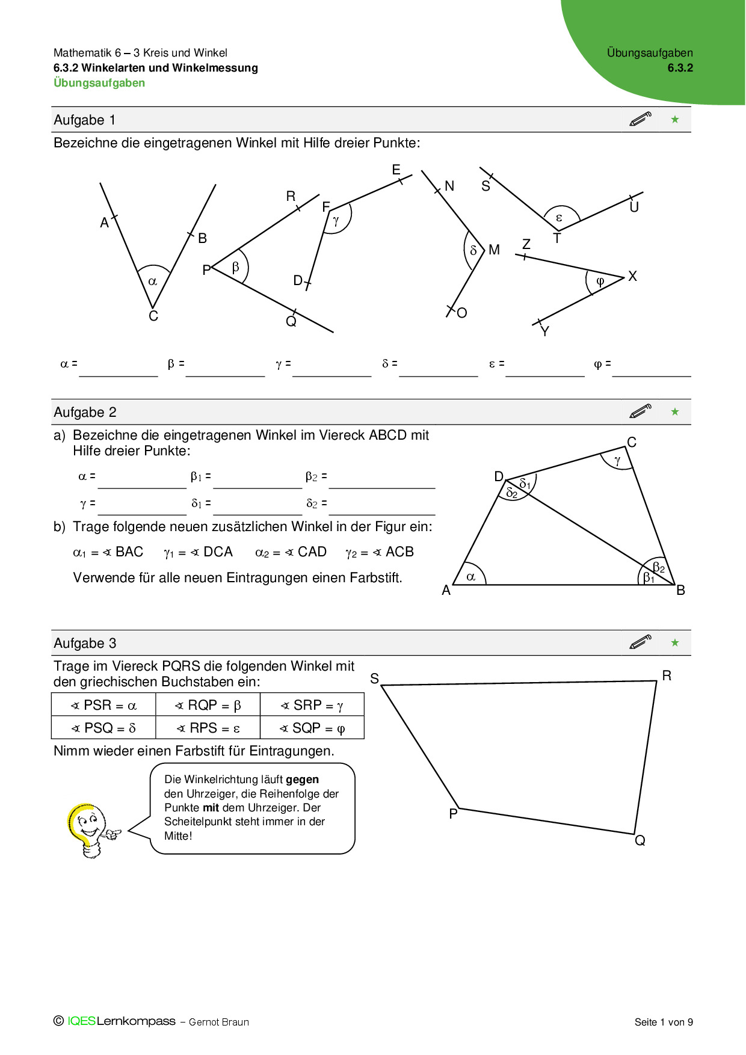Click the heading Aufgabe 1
point(84,120)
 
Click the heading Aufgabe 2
point(85,413)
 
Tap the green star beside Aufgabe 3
point(675,643)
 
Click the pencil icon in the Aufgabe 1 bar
point(640,119)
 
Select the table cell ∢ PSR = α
point(103,705)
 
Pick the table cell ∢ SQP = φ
point(312,728)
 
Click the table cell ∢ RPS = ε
point(208,728)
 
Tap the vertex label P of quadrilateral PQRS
point(453,814)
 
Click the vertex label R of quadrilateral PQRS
point(667,675)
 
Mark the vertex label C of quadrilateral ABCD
point(632,443)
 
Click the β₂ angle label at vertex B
point(659,568)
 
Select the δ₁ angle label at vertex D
point(525,484)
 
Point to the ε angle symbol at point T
point(559,218)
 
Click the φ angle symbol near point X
point(600,281)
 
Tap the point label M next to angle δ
point(494,250)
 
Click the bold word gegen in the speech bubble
point(302,780)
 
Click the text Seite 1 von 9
point(664,1022)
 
